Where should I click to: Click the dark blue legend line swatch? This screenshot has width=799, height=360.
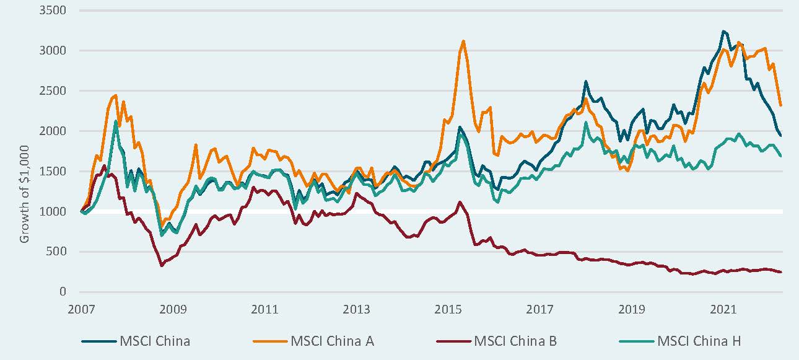click(x=99, y=341)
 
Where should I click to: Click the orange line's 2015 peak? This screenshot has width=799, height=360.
click(x=463, y=42)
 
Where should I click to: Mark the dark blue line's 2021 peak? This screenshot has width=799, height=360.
click(x=723, y=31)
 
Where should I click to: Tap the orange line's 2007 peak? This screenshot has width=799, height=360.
click(x=115, y=95)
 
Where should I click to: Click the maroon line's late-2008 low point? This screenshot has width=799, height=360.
click(x=162, y=266)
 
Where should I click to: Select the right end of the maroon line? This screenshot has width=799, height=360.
click(x=780, y=272)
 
